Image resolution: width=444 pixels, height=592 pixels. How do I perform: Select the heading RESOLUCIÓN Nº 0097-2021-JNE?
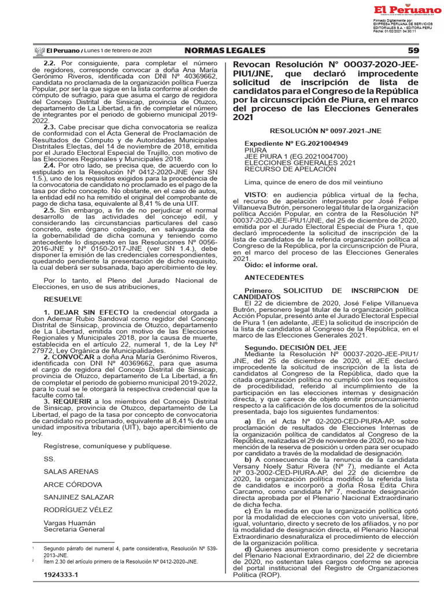[x=325, y=131]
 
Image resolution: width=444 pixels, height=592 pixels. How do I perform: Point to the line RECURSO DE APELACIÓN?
[x=282, y=169]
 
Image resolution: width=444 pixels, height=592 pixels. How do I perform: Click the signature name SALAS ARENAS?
[x=71, y=471]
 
